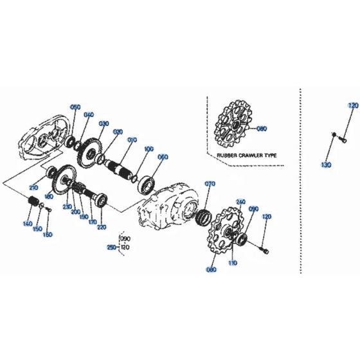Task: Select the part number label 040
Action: click(89, 115)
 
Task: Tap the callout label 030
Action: click(103, 123)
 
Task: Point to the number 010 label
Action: click(132, 139)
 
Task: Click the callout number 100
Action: click(149, 148)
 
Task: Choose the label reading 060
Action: click(163, 157)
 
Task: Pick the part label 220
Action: click(100, 227)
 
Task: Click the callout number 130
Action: click(326, 165)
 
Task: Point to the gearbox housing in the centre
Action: click(168, 204)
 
